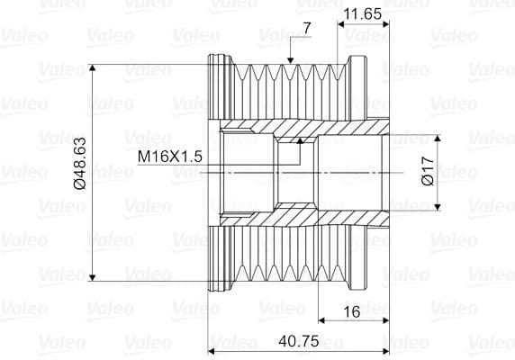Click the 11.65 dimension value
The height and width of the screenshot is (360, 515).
click(x=363, y=15)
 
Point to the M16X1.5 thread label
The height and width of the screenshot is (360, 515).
click(x=169, y=157)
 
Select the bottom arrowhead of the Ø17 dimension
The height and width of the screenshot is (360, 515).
click(x=438, y=206)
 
